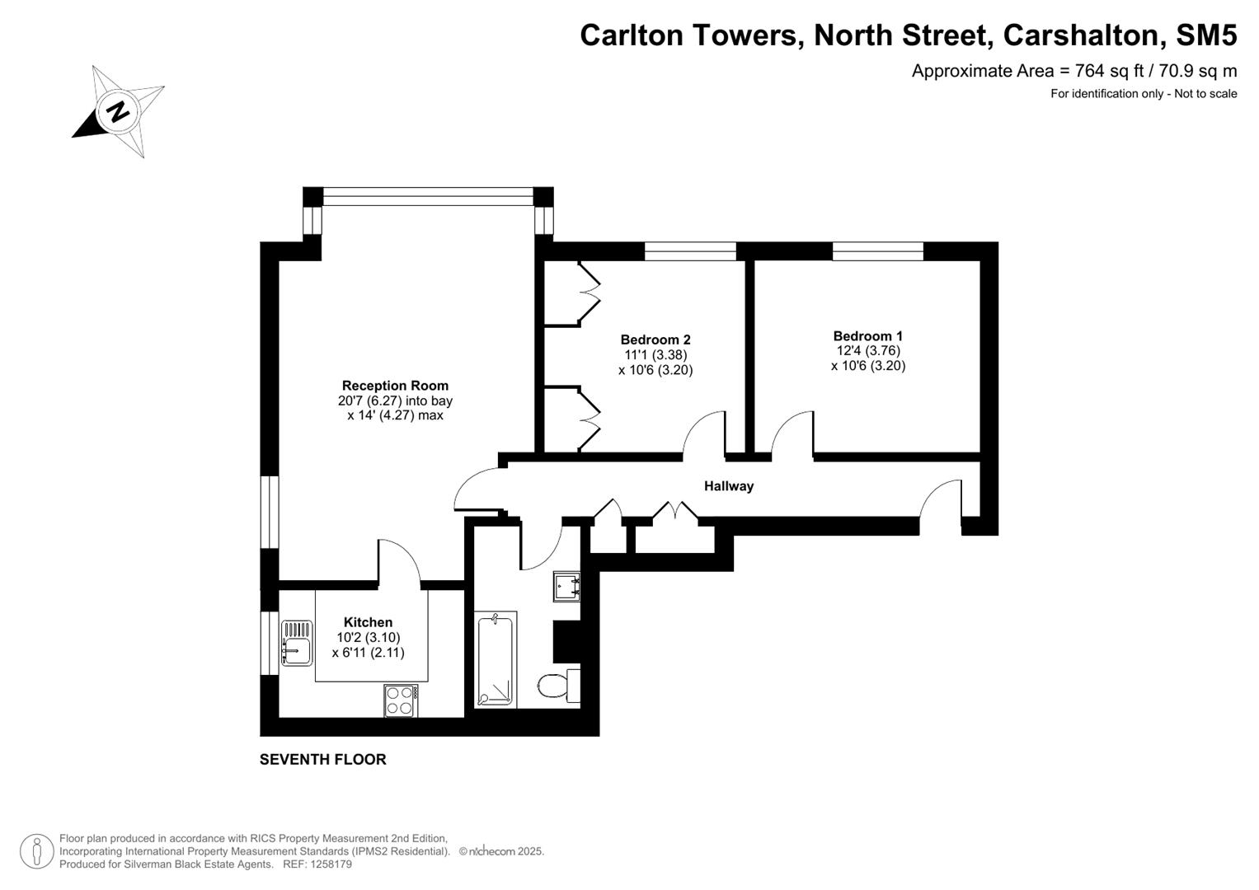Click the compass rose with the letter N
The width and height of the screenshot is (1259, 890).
(x=119, y=110)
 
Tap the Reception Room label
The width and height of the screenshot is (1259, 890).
(x=395, y=386)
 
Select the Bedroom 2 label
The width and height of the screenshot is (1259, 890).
(x=655, y=340)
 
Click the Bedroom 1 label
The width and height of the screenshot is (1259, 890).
(x=867, y=336)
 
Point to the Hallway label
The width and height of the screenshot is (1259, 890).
(x=728, y=486)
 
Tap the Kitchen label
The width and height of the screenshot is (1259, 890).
(x=368, y=622)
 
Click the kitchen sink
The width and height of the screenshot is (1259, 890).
(x=296, y=642)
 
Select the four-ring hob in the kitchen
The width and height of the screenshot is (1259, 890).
(x=401, y=700)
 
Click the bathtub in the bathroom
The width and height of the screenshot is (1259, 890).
(x=495, y=659)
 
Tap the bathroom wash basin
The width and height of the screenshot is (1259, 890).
(x=566, y=586)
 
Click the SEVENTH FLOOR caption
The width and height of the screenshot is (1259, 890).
(x=322, y=760)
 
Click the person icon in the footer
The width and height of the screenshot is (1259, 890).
(x=37, y=851)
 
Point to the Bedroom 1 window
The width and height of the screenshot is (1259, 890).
(x=877, y=251)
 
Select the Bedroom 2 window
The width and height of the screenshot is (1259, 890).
(x=689, y=251)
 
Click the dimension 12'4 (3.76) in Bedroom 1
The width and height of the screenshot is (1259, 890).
(x=867, y=351)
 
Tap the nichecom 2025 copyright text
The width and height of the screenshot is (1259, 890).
(x=501, y=851)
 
